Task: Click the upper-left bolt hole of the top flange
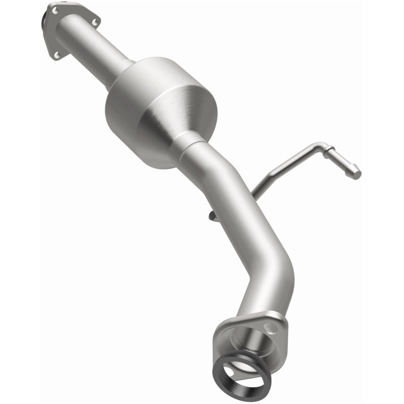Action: (x=54, y=10)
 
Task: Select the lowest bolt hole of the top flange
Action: (x=57, y=54)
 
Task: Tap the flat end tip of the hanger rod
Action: (x=357, y=172)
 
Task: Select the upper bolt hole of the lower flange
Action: (x=274, y=327)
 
